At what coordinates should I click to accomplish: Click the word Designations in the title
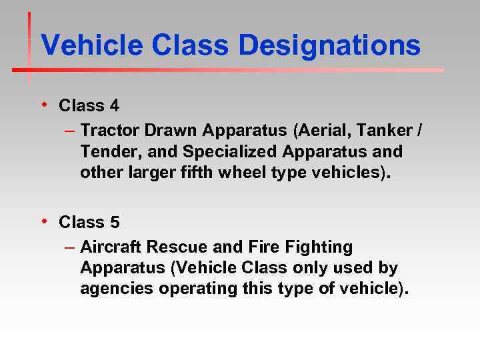pyautogui.click(x=329, y=45)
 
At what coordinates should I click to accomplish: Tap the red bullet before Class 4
pyautogui.click(x=43, y=104)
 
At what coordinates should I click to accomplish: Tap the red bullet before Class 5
pyautogui.click(x=43, y=220)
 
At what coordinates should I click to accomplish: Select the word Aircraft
pyautogui.click(x=111, y=247)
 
